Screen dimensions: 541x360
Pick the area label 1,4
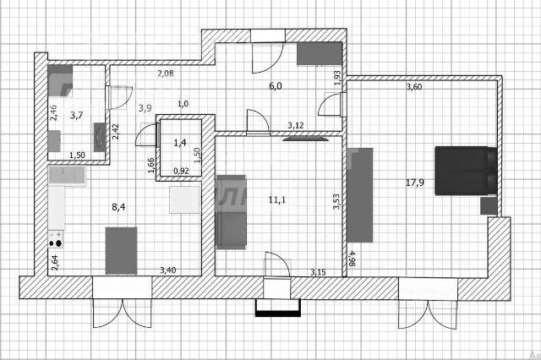(x=179, y=144)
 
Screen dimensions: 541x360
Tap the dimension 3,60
(x=414, y=87)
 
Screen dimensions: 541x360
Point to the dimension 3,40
(x=168, y=270)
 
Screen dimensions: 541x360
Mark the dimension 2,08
(x=167, y=74)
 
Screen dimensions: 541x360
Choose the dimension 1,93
(x=337, y=78)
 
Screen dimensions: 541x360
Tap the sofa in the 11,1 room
(x=231, y=211)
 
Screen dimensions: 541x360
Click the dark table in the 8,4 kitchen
(x=121, y=250)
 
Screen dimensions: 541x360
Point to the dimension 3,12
(x=295, y=126)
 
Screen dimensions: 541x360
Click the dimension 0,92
(x=181, y=171)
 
